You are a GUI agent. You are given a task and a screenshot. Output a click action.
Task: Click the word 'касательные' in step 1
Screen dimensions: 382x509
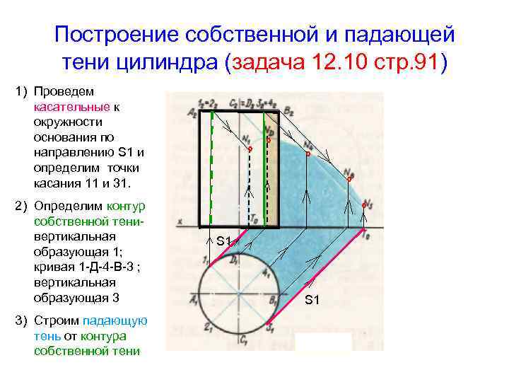pyautogui.click(x=71, y=107)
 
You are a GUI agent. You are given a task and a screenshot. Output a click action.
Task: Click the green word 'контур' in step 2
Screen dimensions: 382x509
pyautogui.click(x=127, y=206)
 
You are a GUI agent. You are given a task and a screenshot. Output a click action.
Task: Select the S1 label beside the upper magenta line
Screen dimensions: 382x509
pyautogui.click(x=224, y=241)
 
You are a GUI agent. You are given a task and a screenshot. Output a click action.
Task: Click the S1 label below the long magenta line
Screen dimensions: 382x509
pyautogui.click(x=312, y=300)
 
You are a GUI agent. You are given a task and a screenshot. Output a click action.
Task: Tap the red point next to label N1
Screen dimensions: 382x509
pyautogui.click(x=250, y=149)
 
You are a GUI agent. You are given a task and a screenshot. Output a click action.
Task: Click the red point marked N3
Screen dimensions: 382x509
pyautogui.click(x=363, y=204)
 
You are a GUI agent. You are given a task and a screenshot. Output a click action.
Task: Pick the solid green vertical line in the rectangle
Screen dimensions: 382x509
pyautogui.click(x=264, y=177)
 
